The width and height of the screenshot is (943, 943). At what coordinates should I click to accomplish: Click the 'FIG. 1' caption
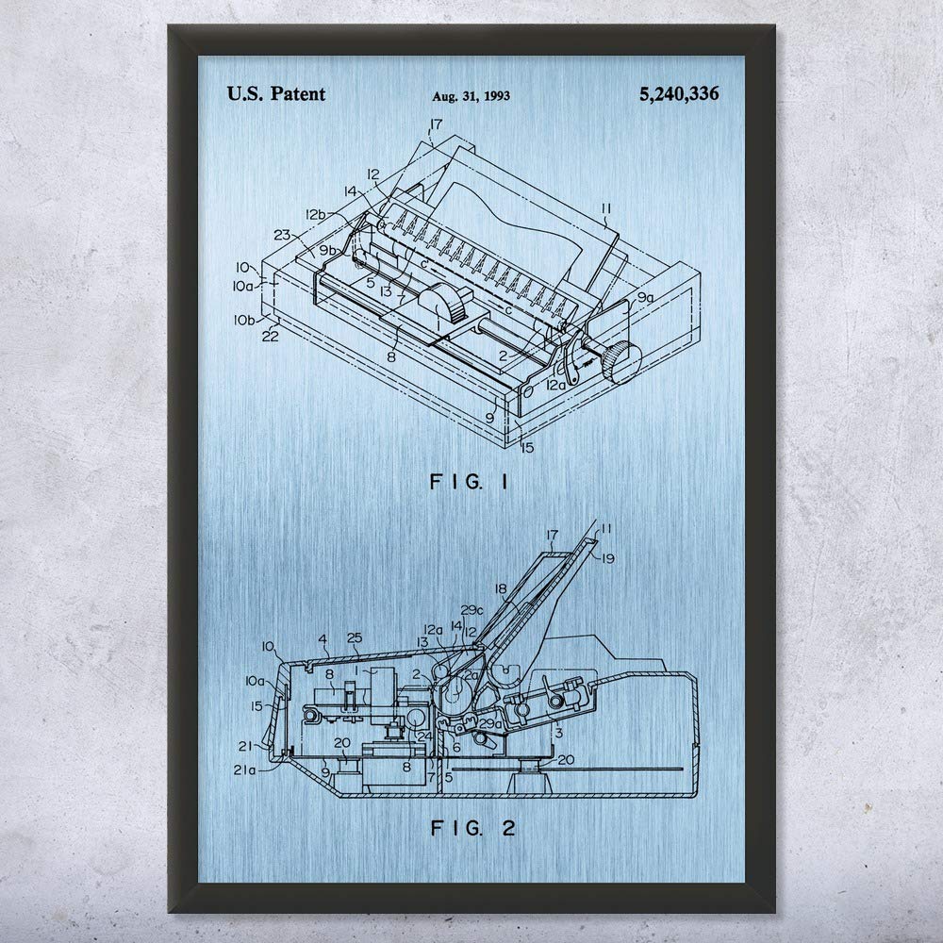pyautogui.click(x=468, y=483)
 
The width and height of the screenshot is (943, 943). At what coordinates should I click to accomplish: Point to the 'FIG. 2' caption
pyautogui.click(x=469, y=831)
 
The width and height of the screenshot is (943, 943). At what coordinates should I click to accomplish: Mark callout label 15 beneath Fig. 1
pyautogui.click(x=526, y=447)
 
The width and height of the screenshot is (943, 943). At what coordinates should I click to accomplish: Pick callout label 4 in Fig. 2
pyautogui.click(x=323, y=639)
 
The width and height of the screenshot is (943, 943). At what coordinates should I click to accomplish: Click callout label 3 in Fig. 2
pyautogui.click(x=558, y=732)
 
